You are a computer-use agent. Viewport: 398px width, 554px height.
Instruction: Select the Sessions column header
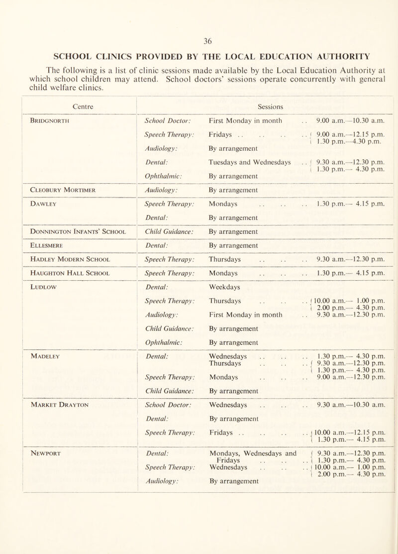pyautogui.click(x=271, y=106)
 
